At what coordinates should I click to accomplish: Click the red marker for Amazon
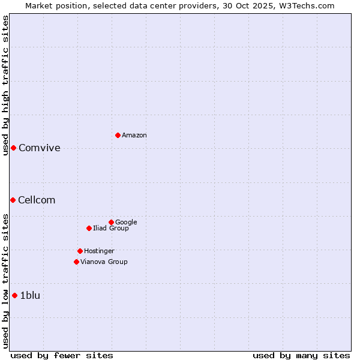118,135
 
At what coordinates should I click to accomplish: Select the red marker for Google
111,222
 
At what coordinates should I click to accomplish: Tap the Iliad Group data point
89,228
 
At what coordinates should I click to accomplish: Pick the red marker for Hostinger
80,251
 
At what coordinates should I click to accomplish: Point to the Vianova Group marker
76,262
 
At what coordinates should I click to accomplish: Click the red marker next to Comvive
13,148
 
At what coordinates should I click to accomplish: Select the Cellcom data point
13,200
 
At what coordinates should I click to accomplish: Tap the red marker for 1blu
14,295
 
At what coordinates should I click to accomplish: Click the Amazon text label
134,136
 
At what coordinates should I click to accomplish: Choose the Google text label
126,223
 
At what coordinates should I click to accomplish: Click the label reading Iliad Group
111,229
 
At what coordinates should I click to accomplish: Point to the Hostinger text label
99,251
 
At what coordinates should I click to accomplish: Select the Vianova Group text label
104,262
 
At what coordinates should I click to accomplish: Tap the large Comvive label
40,148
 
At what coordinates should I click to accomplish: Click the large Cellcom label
37,200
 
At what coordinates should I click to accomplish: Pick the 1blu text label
30,295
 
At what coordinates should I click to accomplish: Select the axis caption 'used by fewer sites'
62,355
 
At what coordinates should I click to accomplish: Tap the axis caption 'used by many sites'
301,355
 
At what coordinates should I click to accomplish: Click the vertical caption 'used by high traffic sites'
5,85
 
